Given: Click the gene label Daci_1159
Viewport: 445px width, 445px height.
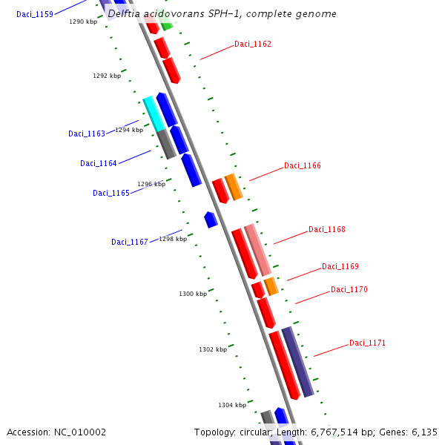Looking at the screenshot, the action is click(35, 14).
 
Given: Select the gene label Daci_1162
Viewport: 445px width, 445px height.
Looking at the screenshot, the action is click(253, 44).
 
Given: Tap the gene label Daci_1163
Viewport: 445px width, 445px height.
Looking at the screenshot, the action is click(87, 134).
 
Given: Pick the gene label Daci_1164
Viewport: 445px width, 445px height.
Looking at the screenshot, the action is click(99, 164).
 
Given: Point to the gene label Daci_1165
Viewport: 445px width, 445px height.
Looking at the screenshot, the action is click(111, 194).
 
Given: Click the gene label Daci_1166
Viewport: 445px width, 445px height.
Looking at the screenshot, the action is click(303, 166).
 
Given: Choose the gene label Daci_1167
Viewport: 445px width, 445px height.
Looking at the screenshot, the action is click(130, 243).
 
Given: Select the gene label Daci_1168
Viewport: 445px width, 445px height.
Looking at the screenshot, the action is click(327, 230).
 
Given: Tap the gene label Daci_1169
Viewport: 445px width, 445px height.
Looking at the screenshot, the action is click(340, 267).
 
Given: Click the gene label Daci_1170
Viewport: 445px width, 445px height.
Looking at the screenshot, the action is click(349, 290).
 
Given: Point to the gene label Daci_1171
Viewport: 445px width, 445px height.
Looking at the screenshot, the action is click(368, 343).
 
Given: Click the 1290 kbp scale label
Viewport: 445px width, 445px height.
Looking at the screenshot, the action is click(83, 22).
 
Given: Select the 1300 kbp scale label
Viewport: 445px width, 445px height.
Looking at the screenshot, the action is click(193, 294).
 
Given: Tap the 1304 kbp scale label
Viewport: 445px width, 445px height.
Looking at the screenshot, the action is click(232, 406).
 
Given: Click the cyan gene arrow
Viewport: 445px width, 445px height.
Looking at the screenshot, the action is click(154, 113).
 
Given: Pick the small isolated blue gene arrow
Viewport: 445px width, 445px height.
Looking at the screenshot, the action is click(211, 220).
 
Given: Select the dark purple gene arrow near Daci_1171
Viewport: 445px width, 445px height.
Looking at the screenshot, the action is click(298, 362).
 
